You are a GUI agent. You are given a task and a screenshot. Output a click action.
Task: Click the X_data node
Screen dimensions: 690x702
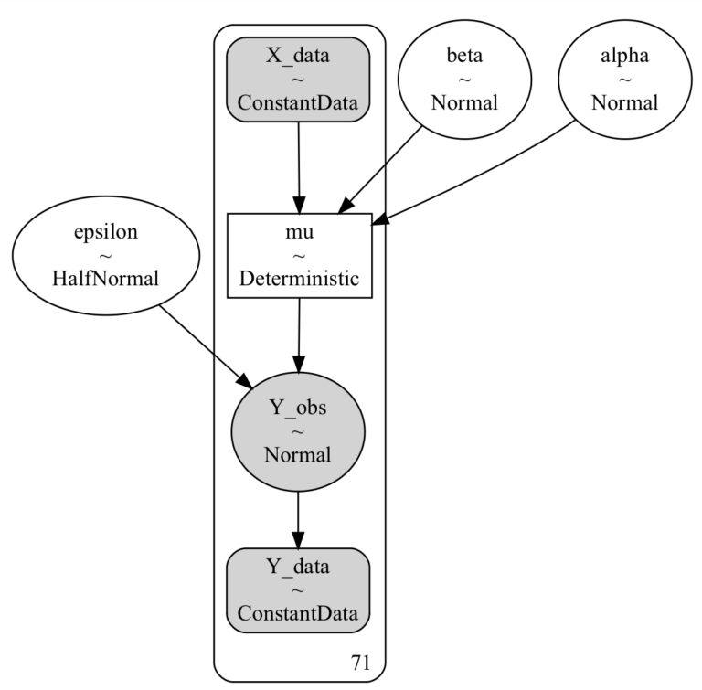click(298, 80)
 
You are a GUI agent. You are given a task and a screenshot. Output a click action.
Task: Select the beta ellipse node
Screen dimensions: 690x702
click(464, 80)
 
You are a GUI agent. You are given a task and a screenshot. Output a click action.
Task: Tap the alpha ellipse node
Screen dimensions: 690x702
click(624, 80)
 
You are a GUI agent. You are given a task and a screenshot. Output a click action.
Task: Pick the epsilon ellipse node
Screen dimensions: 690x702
click(105, 256)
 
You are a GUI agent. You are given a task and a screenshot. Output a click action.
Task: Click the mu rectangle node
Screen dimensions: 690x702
click(298, 256)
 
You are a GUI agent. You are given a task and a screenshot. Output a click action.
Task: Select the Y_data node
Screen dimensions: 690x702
click(298, 590)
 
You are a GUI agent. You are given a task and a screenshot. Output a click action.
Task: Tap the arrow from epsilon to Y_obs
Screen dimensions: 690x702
click(202, 343)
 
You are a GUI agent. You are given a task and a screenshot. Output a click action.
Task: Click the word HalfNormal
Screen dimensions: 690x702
click(105, 279)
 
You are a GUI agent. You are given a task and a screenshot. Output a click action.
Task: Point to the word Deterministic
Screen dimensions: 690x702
click(298, 279)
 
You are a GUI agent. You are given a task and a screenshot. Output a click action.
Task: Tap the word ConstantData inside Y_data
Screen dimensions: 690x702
click(298, 612)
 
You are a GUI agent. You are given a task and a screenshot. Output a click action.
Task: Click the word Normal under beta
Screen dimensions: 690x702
click(464, 102)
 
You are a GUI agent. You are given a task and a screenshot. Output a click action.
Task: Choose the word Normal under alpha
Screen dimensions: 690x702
click(624, 102)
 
